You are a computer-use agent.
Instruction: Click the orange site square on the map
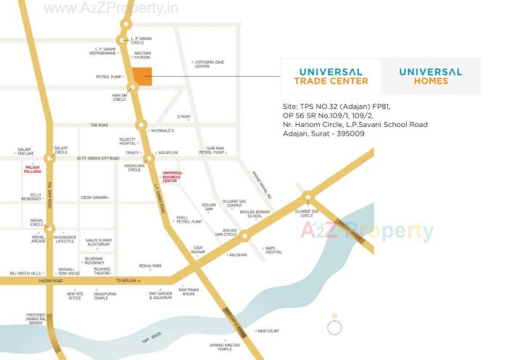point(142,76)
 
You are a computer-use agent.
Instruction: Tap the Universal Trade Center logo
point(331,76)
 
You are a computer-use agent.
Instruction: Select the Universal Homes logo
point(430,76)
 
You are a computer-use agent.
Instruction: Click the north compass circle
point(334,327)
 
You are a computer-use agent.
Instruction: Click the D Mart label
point(184,116)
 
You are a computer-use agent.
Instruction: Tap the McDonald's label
point(161,131)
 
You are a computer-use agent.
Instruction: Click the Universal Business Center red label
point(173,176)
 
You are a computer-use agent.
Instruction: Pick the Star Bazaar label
point(198,250)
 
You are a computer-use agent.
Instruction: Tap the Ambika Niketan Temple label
point(225,347)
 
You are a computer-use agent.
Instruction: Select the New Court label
point(268,331)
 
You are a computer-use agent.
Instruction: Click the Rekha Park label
point(150,266)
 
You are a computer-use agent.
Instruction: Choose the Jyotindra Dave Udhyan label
point(209,65)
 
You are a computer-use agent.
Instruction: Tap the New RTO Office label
point(75,295)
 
